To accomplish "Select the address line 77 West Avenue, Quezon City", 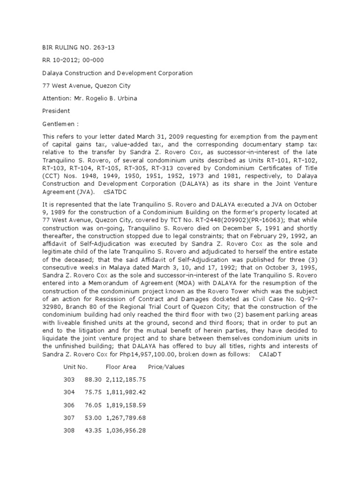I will click(87, 86).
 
